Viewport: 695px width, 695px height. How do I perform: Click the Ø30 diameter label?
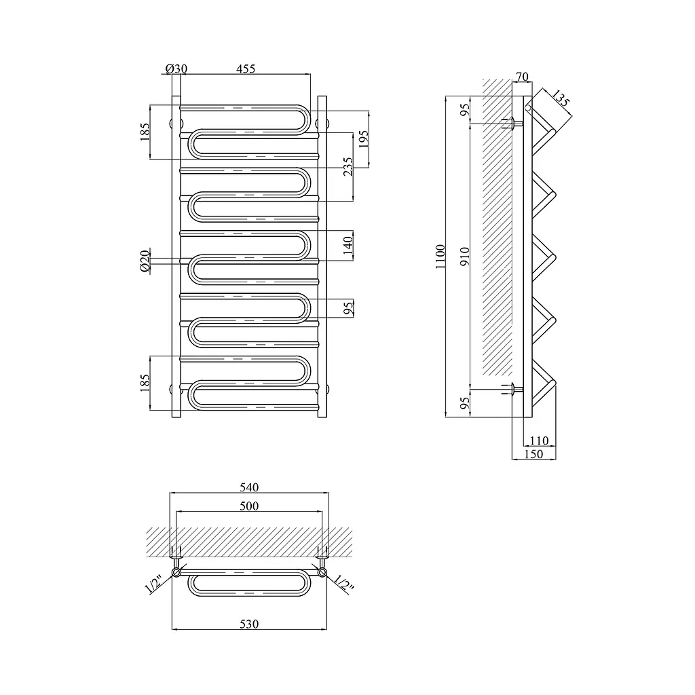pos(176,69)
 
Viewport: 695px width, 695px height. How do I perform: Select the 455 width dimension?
pos(246,69)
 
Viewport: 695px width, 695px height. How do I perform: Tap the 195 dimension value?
pos(364,139)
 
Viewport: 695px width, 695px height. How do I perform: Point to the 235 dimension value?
pos(348,167)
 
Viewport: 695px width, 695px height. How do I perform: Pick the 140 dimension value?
pos(348,245)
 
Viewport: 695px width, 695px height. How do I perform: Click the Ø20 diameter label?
pos(145,261)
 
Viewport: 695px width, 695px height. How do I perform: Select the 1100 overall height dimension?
pos(440,257)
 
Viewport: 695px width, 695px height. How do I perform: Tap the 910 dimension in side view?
pos(464,257)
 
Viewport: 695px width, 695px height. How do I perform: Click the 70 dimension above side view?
pos(523,77)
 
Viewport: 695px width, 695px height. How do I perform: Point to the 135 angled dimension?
pos(561,99)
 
